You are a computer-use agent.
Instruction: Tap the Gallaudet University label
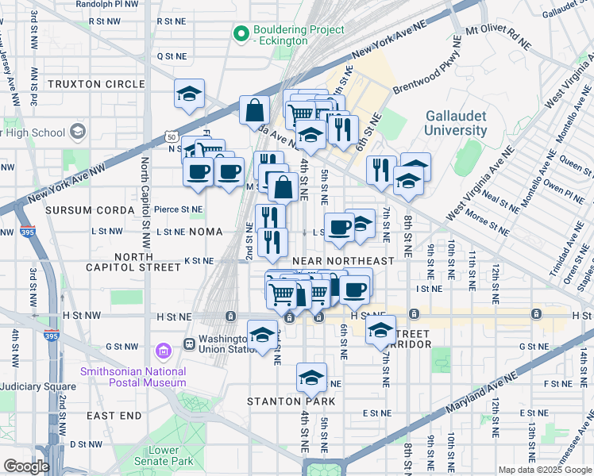tap(455, 123)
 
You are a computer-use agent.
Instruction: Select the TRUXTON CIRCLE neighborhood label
tap(96, 84)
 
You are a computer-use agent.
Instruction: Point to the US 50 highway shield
tap(172, 137)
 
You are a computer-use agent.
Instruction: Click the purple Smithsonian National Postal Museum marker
tap(164, 350)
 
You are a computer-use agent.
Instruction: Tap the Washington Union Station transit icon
tap(190, 344)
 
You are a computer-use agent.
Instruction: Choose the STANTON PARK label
tap(291, 401)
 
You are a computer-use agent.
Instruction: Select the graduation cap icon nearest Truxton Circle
tap(190, 94)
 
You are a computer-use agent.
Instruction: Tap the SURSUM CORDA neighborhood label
tap(83, 209)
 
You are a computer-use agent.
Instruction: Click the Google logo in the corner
tap(26, 466)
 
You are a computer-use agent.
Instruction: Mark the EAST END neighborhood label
tap(114, 416)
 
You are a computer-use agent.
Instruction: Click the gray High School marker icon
tap(78, 132)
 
